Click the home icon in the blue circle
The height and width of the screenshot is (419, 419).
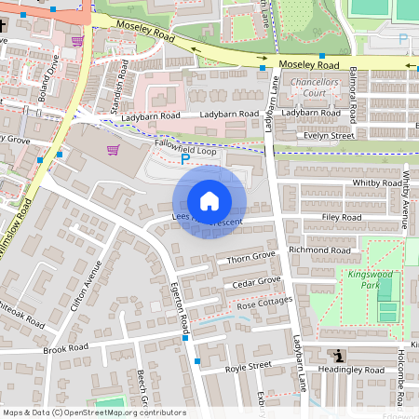[209, 201]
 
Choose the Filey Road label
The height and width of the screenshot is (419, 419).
[341, 217]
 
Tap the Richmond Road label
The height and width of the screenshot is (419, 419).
[320, 250]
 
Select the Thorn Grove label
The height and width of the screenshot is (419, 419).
[252, 255]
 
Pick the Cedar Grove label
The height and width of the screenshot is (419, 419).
[256, 280]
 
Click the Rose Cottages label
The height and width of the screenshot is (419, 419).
[264, 304]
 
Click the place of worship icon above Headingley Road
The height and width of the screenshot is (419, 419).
[338, 355]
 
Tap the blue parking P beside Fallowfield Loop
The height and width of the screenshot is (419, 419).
[184, 159]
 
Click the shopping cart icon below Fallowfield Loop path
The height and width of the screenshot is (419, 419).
[113, 149]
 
